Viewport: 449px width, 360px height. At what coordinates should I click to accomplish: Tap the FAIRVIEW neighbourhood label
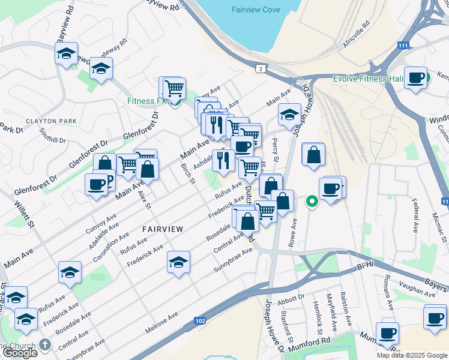point(162,229)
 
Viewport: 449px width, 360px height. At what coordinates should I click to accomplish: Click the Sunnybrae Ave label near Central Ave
point(233,259)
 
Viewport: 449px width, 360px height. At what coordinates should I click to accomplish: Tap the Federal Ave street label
point(415,219)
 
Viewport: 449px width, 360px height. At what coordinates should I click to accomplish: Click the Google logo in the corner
point(20,353)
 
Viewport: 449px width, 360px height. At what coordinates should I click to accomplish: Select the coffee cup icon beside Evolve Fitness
point(416,78)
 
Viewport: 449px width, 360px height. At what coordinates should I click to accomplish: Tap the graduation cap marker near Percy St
point(289,115)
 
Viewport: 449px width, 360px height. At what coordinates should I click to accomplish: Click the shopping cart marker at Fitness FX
point(174,88)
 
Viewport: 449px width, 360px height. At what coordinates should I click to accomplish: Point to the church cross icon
point(45,345)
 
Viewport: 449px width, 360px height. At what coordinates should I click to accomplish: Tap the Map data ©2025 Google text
point(412,355)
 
